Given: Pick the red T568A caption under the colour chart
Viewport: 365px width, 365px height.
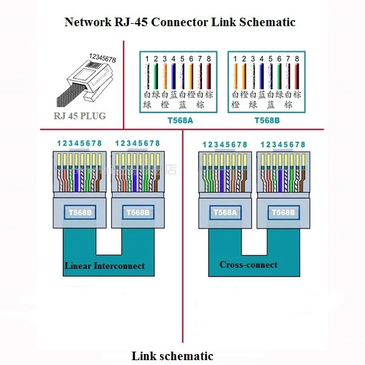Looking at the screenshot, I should coord(179,120).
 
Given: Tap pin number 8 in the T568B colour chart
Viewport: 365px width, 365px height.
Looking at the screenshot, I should coord(297,59).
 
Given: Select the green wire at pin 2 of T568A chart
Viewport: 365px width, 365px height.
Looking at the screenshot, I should coord(156,76).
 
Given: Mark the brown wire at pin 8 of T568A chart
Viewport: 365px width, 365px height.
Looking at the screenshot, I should coord(209,76).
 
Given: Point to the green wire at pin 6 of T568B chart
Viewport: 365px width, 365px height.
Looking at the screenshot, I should coord(279,76).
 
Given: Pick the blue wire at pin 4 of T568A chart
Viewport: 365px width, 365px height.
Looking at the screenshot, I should coord(174,76).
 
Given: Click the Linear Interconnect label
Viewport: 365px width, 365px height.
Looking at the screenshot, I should coord(105,266).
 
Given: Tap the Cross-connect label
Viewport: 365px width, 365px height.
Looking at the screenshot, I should coord(248,265).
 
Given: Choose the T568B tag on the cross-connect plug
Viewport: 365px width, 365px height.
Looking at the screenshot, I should coord(283,212).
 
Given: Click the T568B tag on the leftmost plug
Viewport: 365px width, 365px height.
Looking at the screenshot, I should coord(80,212).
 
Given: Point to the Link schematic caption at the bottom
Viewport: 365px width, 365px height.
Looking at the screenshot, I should coord(173,355).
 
